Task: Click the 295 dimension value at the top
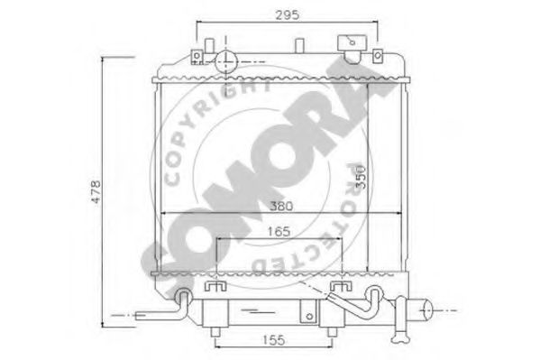(288, 14)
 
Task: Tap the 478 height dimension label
(96, 191)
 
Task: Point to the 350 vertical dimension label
(358, 176)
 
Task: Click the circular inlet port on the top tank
(224, 60)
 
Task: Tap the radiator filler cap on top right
(349, 44)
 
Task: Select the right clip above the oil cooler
(338, 287)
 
